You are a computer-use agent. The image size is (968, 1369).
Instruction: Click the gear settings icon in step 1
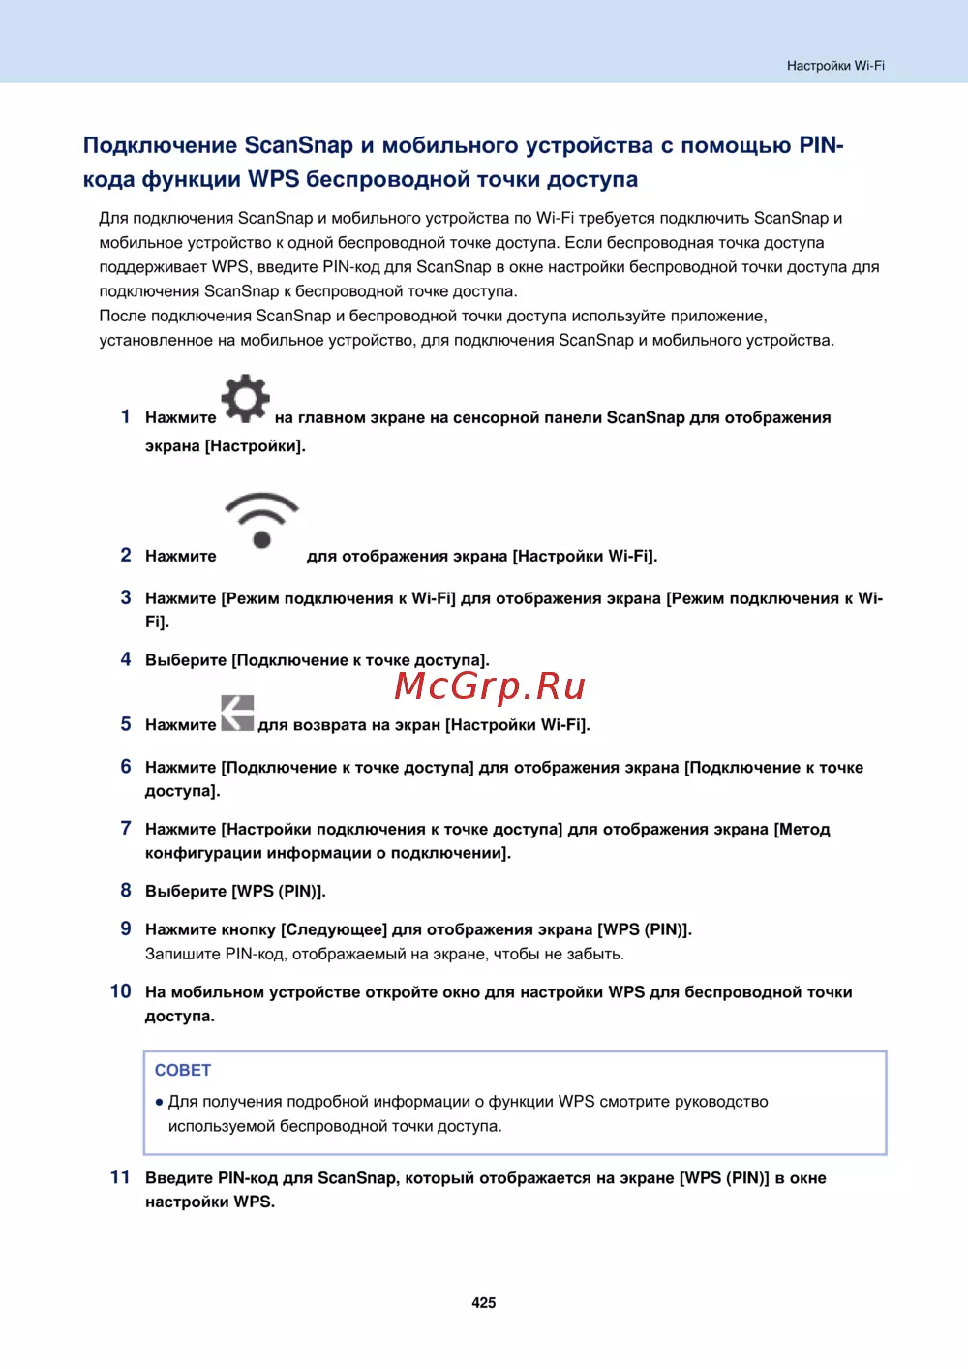(245, 398)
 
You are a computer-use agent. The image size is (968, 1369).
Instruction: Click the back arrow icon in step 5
(237, 713)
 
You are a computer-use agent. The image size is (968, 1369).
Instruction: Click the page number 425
(484, 1303)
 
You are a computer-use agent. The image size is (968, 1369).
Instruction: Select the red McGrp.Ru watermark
(490, 685)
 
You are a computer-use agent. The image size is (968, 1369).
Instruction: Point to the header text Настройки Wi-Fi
(835, 66)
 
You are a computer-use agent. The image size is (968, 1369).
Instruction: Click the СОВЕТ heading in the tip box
(183, 1070)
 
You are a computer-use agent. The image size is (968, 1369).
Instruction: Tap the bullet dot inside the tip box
(159, 1102)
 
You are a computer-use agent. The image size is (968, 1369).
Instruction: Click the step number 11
(120, 1177)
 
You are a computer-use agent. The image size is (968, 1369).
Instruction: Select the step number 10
(120, 991)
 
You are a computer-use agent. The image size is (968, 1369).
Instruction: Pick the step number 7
(126, 829)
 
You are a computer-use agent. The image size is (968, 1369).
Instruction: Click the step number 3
(126, 597)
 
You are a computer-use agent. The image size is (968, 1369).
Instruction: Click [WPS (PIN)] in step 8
(279, 891)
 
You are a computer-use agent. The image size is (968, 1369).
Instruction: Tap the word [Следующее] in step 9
(333, 929)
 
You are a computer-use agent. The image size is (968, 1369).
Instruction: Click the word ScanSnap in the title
(299, 145)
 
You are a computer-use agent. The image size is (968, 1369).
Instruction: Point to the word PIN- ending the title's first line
(821, 145)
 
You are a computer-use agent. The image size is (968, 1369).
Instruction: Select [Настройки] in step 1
(256, 446)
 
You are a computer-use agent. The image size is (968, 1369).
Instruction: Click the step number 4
(126, 659)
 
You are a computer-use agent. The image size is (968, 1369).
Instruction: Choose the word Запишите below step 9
(183, 954)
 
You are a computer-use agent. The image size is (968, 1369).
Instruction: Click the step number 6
(126, 767)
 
